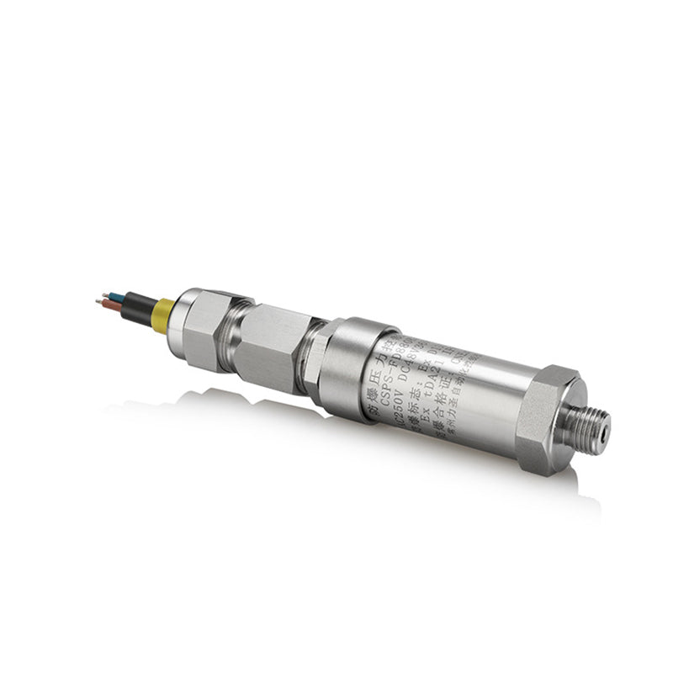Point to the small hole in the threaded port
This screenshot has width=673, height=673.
605,417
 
